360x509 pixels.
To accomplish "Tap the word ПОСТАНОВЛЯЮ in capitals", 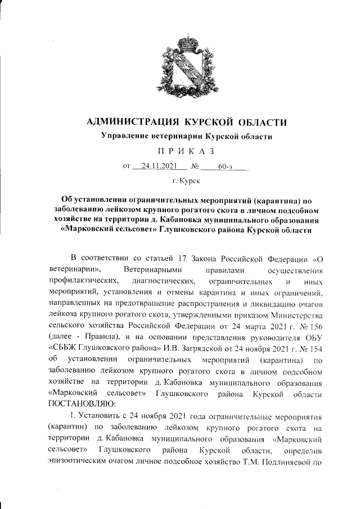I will (81, 403).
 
